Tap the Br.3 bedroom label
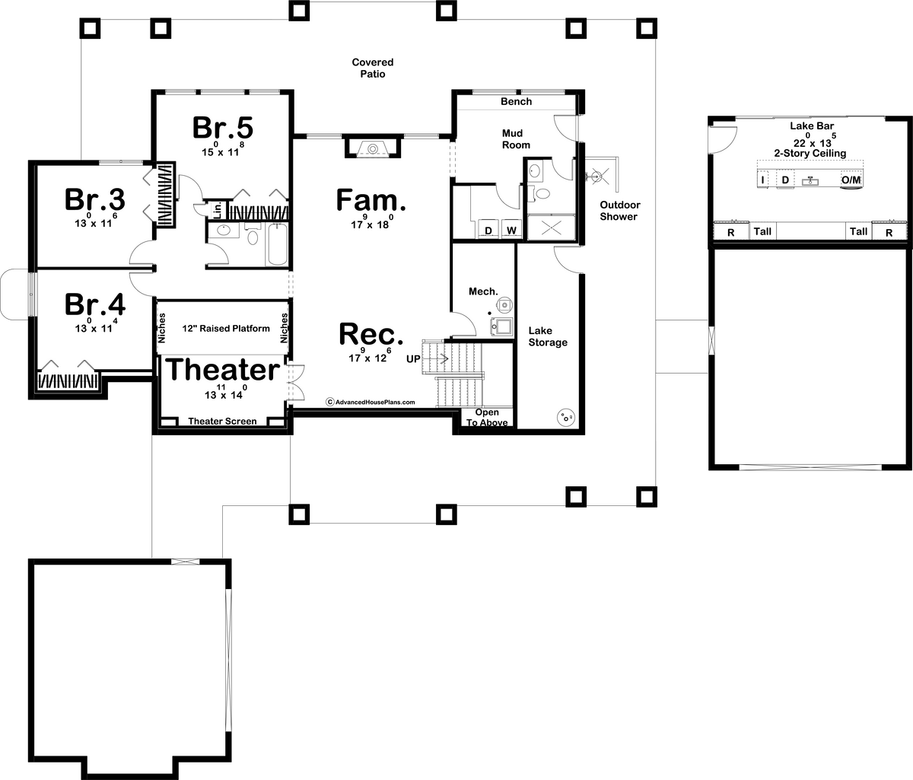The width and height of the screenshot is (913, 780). [95, 199]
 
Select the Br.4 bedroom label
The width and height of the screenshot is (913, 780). [95, 304]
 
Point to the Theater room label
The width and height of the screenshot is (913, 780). [222, 370]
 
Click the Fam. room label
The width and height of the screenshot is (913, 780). [371, 201]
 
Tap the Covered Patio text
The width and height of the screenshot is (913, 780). [372, 68]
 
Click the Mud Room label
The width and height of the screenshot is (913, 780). [516, 138]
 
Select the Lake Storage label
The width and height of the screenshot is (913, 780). [548, 336]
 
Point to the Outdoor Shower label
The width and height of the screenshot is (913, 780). [620, 211]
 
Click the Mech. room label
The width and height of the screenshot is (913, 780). [483, 291]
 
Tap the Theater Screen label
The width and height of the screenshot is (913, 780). [222, 421]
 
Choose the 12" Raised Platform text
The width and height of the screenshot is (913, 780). [226, 329]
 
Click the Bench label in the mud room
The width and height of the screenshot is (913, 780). [516, 101]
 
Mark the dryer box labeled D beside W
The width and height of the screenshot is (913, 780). [489, 230]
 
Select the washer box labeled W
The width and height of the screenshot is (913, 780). [511, 230]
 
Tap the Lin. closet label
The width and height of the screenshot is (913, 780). [217, 209]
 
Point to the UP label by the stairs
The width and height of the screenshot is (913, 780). [413, 358]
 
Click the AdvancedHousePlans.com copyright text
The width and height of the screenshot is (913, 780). [371, 402]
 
